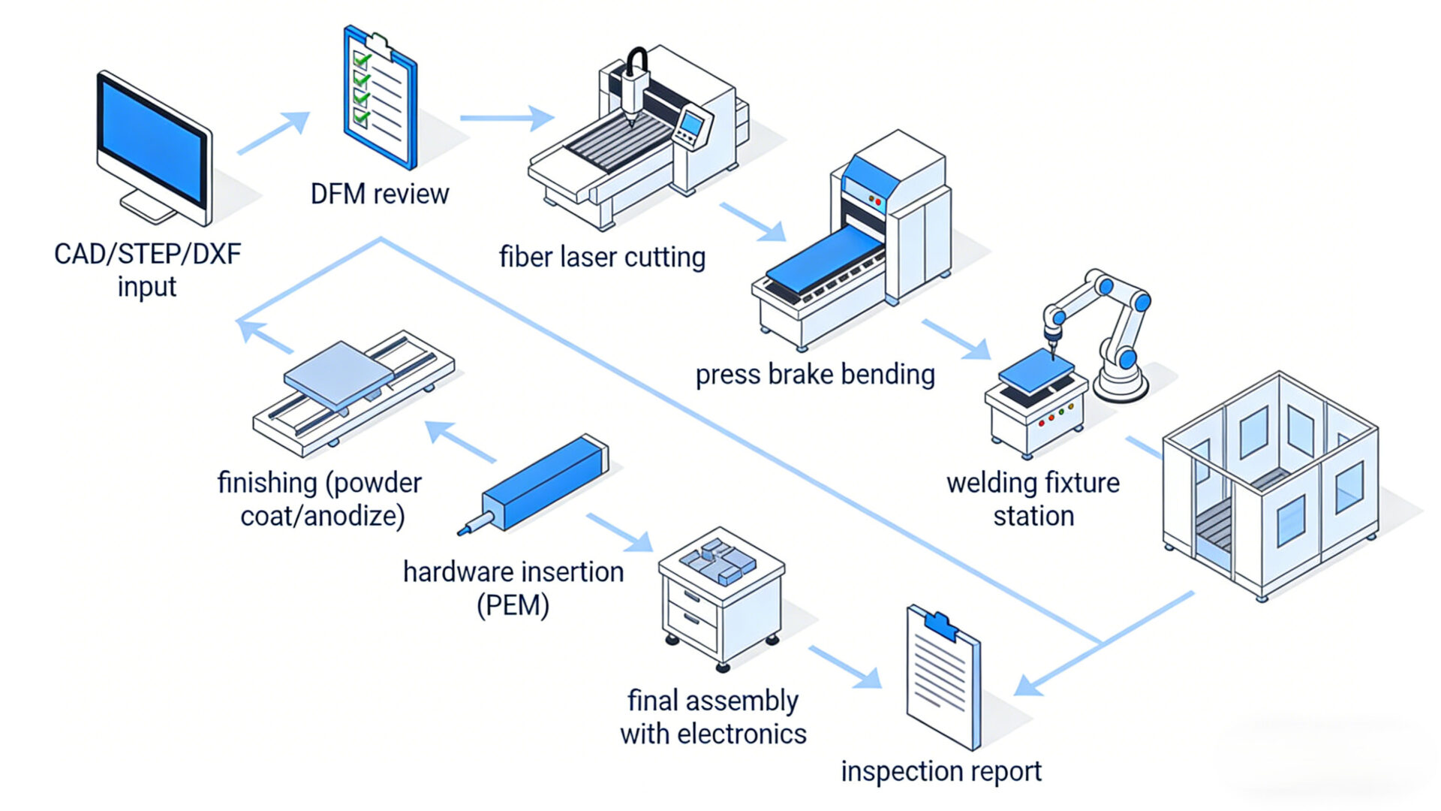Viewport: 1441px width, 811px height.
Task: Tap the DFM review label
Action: pos(379,194)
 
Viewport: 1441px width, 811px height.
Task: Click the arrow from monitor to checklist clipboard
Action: pos(273,133)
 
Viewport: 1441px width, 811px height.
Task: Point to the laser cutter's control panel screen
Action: pos(691,122)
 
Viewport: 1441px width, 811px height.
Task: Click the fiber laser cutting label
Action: pos(602,258)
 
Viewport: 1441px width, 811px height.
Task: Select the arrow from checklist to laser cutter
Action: pos(507,118)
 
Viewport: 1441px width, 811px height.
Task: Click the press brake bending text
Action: pos(815,374)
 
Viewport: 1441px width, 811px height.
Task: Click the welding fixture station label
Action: pos(1033,499)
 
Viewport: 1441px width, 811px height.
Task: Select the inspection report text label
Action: pos(940,771)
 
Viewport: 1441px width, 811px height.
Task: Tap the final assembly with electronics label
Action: pos(712,717)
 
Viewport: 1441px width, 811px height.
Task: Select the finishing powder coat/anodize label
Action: pos(320,499)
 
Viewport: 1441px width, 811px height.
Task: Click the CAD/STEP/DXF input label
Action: pos(147,270)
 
